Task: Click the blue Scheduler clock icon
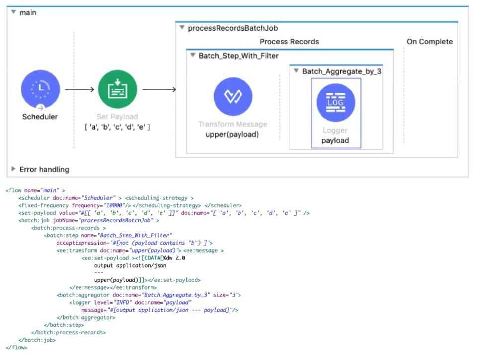tap(40, 90)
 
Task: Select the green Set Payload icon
tap(117, 90)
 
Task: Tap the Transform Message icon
tap(233, 96)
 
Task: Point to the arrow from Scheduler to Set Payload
tap(80, 90)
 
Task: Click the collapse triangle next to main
tap(14, 12)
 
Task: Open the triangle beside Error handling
tap(14, 169)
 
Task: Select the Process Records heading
tap(289, 42)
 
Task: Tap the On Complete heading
tap(430, 42)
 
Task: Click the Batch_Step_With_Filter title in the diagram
tap(239, 56)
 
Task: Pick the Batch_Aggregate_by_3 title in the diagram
tap(341, 71)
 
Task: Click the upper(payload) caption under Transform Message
tap(233, 135)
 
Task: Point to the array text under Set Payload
tap(117, 127)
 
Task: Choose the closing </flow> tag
tap(16, 347)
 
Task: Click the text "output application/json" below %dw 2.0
tap(127, 265)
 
